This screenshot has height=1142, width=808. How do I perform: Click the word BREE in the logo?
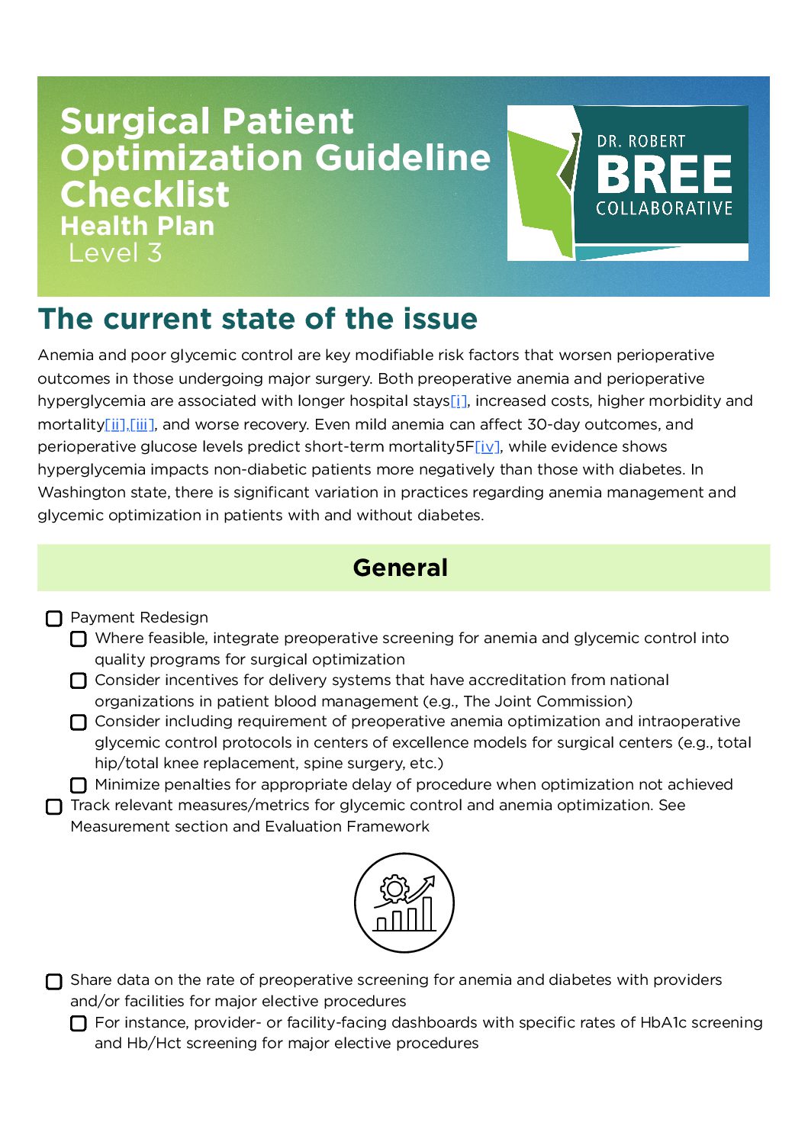pos(664,175)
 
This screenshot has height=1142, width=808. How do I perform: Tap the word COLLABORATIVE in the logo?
pos(664,209)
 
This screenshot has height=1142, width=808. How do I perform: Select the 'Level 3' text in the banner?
pos(115,253)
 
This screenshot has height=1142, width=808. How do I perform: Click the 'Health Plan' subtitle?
pos(137,227)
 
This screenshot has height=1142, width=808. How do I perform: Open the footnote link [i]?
pos(459,401)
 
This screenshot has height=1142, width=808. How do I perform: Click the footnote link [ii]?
pos(115,425)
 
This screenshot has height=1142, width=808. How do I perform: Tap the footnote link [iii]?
pos(142,425)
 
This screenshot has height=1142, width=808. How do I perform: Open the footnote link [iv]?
pos(488,447)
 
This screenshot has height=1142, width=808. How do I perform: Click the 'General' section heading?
pos(401,568)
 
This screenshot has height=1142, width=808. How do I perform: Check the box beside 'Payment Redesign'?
pos(54,619)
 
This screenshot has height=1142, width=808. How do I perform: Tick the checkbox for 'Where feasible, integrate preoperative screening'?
pos(79,639)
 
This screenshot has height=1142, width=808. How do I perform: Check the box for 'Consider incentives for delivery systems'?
pos(79,681)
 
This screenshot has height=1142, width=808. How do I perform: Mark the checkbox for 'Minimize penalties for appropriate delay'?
pos(79,786)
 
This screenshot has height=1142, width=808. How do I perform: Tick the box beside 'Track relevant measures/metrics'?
pos(54,807)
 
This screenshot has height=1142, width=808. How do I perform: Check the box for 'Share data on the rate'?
pos(54,982)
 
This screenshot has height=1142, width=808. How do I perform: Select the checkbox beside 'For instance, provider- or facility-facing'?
pos(79,1024)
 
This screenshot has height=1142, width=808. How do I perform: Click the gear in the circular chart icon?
pos(394,889)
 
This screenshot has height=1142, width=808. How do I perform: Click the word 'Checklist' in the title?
pos(145,195)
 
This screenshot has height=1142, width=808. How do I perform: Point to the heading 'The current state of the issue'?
pos(258,319)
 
